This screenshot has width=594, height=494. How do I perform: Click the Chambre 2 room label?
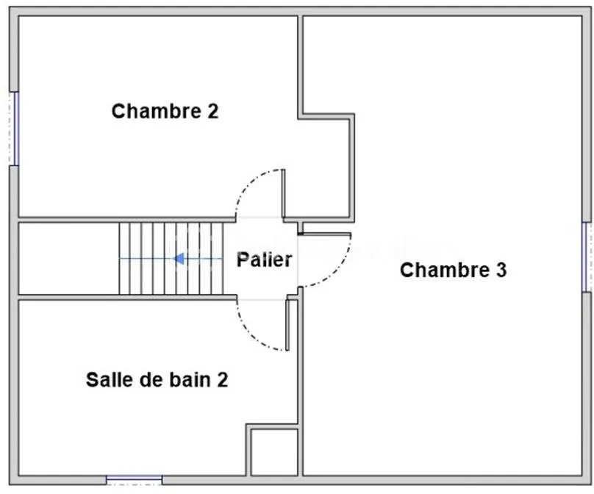165,111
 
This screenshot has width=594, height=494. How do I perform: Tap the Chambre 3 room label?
453,270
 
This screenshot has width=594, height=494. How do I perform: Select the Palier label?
265,259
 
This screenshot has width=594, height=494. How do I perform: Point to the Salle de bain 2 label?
157,379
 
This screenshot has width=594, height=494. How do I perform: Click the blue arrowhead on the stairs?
179,259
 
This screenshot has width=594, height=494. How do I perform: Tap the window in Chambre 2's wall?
15,129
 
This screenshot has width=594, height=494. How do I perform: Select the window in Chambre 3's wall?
587,257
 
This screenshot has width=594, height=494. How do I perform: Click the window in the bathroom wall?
134,480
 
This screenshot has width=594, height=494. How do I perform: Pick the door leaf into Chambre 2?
283,193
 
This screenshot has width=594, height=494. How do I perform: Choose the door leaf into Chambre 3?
325,235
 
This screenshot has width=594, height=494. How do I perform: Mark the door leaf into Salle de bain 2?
287,325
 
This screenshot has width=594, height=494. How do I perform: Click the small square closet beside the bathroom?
274,452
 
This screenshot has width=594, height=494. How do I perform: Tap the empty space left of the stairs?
69,258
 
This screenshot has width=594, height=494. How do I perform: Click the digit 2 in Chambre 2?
213,111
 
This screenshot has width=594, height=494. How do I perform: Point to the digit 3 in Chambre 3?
501,270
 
